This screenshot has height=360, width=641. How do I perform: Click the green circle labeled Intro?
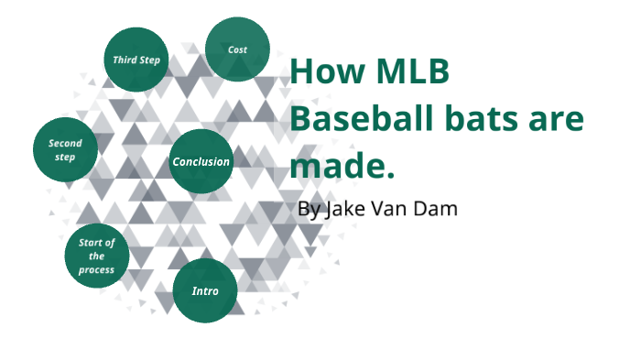(205, 291)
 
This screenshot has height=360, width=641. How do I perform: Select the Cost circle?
(237, 49)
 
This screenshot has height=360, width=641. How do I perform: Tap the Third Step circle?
(136, 60)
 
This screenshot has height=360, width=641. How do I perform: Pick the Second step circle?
(65, 150)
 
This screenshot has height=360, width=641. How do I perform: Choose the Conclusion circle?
(201, 162)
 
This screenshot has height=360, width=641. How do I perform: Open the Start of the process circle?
(96, 256)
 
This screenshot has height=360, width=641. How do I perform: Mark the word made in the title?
(337, 168)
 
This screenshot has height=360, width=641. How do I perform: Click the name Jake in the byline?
(343, 209)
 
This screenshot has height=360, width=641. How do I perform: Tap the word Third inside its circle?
(125, 60)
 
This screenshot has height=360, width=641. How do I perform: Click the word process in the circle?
(96, 269)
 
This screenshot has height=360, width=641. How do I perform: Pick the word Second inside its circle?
(65, 144)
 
